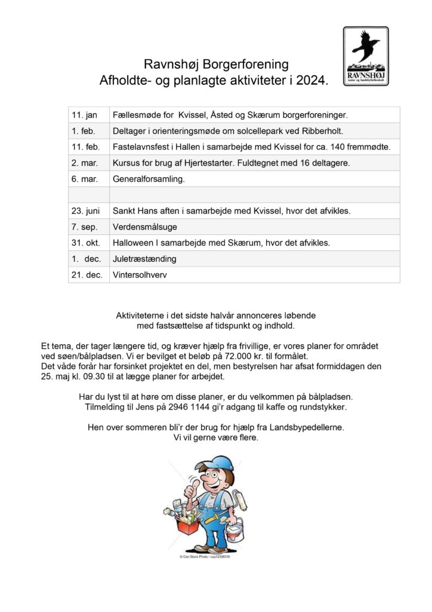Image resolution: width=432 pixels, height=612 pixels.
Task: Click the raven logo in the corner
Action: (x=365, y=56)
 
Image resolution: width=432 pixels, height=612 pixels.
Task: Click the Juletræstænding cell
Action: (x=144, y=259)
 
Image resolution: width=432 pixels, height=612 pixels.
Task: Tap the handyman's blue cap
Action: (x=218, y=464)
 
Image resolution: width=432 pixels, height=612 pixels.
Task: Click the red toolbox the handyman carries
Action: (x=189, y=528)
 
